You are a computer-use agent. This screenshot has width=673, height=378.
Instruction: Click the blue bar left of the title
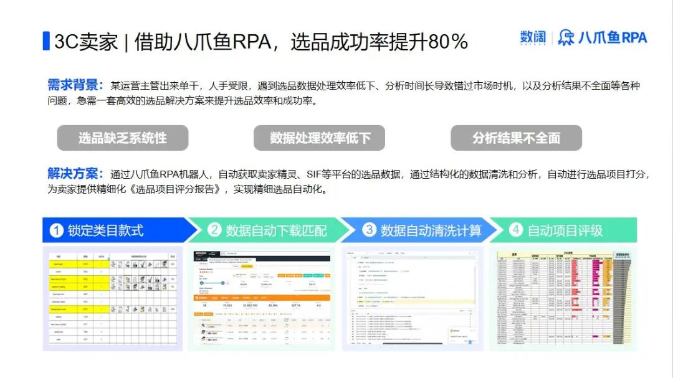(46, 40)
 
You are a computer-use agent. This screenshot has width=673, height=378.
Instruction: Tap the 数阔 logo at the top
(533, 38)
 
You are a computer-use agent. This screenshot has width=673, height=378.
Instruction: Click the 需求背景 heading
(73, 85)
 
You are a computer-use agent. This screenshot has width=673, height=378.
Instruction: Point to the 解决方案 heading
(73, 174)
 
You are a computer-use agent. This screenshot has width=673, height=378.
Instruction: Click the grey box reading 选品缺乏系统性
(123, 138)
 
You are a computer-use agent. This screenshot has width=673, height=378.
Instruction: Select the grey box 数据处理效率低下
(319, 138)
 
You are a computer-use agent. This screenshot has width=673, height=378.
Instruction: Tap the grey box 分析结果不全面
(516, 138)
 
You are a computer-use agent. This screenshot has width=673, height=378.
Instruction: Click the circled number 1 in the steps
(57, 230)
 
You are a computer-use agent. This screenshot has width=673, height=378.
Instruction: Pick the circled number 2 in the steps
(214, 230)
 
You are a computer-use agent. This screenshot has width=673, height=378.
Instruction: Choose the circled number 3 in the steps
(370, 230)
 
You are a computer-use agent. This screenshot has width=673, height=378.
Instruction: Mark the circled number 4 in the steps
(516, 230)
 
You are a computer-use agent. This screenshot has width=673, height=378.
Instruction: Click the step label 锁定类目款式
(105, 230)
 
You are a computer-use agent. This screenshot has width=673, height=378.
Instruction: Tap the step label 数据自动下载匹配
(276, 230)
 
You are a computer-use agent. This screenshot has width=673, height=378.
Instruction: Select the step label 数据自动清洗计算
(431, 230)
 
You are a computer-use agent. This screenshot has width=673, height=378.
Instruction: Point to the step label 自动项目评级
(565, 230)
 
